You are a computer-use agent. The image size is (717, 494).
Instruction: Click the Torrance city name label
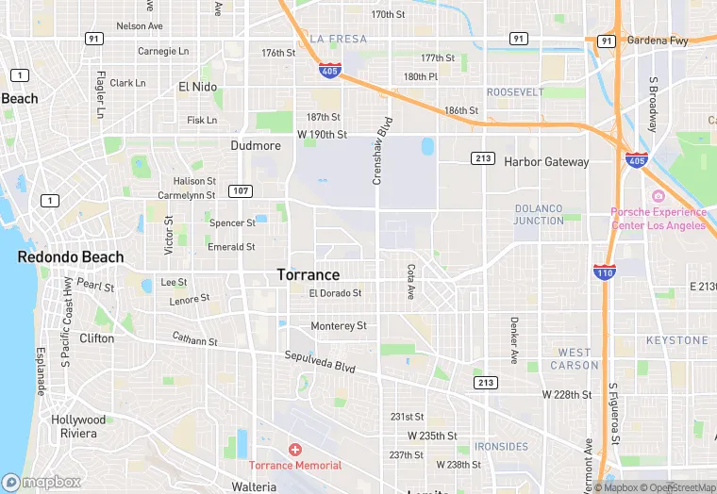tap(308, 275)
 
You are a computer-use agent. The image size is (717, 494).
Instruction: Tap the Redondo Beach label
tap(71, 257)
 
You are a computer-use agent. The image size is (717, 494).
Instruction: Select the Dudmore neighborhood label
tap(256, 146)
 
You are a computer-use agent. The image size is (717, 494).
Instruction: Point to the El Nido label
tap(197, 87)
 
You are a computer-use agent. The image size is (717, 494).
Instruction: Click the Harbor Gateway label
tap(546, 162)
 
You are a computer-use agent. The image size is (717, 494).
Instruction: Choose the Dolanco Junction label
tap(538, 214)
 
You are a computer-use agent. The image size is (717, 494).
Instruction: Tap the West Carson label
tap(574, 358)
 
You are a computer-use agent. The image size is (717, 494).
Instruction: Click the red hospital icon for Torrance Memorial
tap(295, 451)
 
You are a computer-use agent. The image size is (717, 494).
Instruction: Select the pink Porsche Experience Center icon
tap(658, 196)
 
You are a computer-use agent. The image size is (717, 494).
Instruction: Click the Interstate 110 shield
tap(606, 272)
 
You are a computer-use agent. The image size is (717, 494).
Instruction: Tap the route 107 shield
tap(240, 191)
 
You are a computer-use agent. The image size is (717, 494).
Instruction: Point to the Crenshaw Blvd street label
tap(383, 151)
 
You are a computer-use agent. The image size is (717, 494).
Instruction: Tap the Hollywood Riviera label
tap(78, 426)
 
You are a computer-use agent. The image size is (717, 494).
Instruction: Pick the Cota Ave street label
tap(410, 281)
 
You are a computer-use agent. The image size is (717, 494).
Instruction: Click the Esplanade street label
tap(41, 371)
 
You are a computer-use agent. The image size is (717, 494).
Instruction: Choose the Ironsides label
tap(501, 446)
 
